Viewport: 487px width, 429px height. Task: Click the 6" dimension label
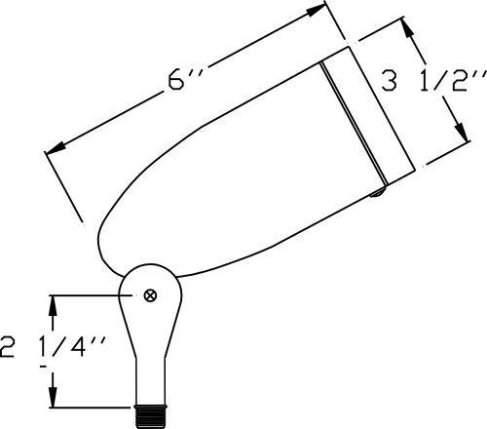pos(186,81)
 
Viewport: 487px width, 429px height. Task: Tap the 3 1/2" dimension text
pos(433,80)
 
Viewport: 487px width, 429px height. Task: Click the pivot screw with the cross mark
pos(150,295)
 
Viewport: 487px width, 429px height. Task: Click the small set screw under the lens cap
pos(378,193)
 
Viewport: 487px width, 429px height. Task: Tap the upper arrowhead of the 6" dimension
pos(316,11)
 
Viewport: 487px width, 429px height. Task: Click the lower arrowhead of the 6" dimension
pos(56,148)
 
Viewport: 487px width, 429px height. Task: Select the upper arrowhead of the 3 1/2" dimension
pos(408,28)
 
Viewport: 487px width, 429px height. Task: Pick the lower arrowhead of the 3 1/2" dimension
pos(461,132)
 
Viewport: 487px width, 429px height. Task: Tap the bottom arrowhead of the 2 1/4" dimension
pos(53,397)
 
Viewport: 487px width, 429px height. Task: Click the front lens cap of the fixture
pos(368,115)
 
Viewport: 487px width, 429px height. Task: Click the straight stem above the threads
pos(151,381)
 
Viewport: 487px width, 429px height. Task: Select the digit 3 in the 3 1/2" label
pos(389,81)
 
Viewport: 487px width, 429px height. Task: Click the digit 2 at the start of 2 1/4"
pos(7,347)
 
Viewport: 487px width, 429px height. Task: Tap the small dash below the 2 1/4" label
pos(44,367)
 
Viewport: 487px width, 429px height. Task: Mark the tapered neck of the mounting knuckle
pos(151,334)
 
